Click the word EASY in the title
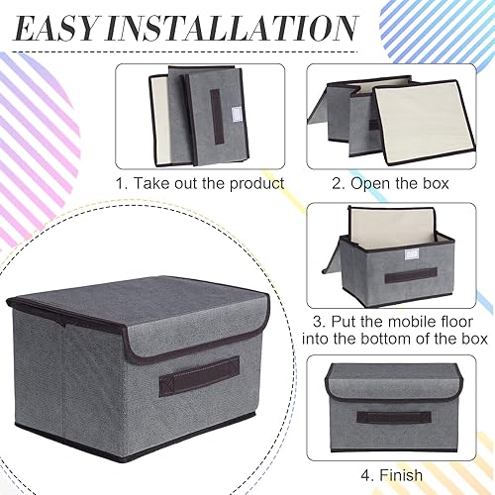tap(68, 27)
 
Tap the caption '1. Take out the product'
tap(199, 183)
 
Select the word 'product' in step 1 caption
tap(255, 183)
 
